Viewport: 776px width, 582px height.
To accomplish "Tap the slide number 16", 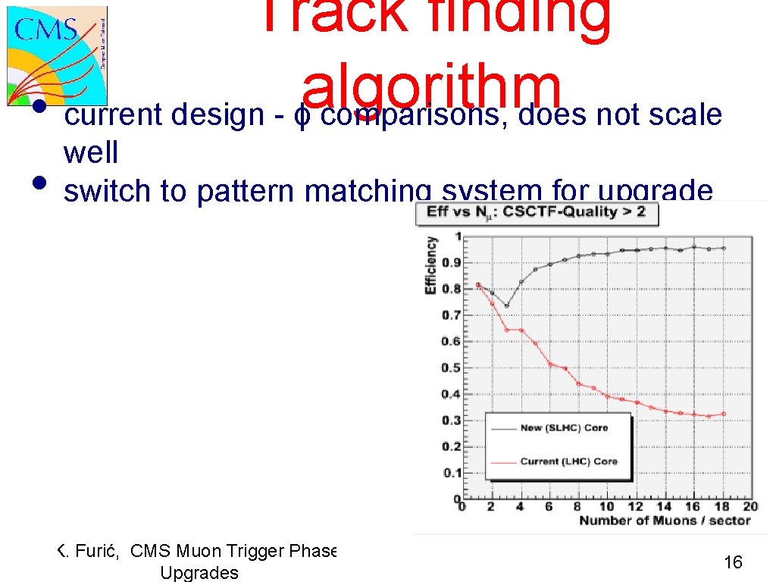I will tap(733, 562).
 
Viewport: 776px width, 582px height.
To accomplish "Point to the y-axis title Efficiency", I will tap(431, 265).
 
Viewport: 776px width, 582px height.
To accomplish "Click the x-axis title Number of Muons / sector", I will tap(665, 521).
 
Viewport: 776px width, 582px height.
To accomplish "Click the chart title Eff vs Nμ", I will tap(536, 211).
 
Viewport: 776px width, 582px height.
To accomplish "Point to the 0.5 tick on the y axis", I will tap(451, 368).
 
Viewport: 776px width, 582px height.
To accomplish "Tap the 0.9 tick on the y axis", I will tap(451, 262).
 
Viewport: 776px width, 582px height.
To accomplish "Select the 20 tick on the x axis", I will tap(749, 507).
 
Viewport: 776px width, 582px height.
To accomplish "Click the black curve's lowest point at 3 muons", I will tap(506, 306).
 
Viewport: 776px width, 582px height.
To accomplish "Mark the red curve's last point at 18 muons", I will tap(723, 414).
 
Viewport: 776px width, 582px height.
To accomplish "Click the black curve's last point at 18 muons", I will tap(723, 248).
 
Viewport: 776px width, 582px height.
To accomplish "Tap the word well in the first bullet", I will tap(91, 153).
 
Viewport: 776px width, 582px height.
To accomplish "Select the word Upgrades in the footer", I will tap(199, 572).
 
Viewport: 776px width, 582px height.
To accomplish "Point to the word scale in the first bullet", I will tap(685, 115).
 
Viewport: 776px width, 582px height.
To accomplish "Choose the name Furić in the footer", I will tap(95, 551).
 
